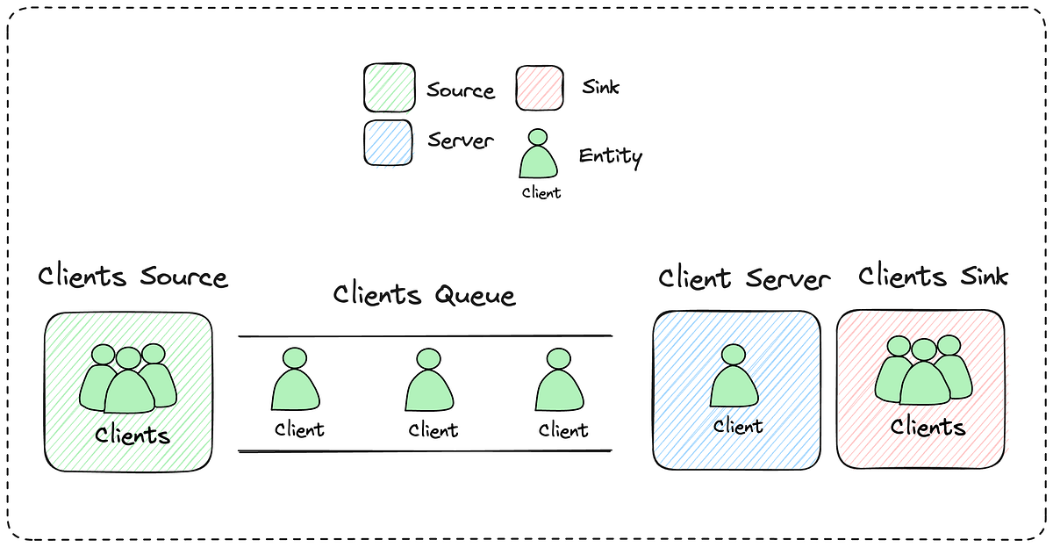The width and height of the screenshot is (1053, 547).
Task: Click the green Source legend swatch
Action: (389, 88)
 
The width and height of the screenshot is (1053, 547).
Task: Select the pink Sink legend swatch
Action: (539, 88)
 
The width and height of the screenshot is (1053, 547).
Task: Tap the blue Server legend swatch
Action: (389, 142)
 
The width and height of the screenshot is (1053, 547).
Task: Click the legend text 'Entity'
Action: (610, 157)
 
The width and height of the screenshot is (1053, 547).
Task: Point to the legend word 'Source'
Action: (461, 90)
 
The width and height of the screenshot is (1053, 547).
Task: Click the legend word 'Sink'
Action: (600, 87)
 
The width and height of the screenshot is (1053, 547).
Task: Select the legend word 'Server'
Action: (461, 140)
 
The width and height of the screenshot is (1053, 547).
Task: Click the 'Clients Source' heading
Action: (133, 277)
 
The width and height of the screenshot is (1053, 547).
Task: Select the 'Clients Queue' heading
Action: (424, 295)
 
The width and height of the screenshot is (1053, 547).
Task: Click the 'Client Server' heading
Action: (743, 279)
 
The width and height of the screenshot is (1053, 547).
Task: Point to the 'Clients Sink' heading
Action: (934, 277)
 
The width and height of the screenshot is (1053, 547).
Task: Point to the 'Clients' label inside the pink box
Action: (928, 428)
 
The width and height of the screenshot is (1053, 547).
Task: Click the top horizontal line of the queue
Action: (426, 336)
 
